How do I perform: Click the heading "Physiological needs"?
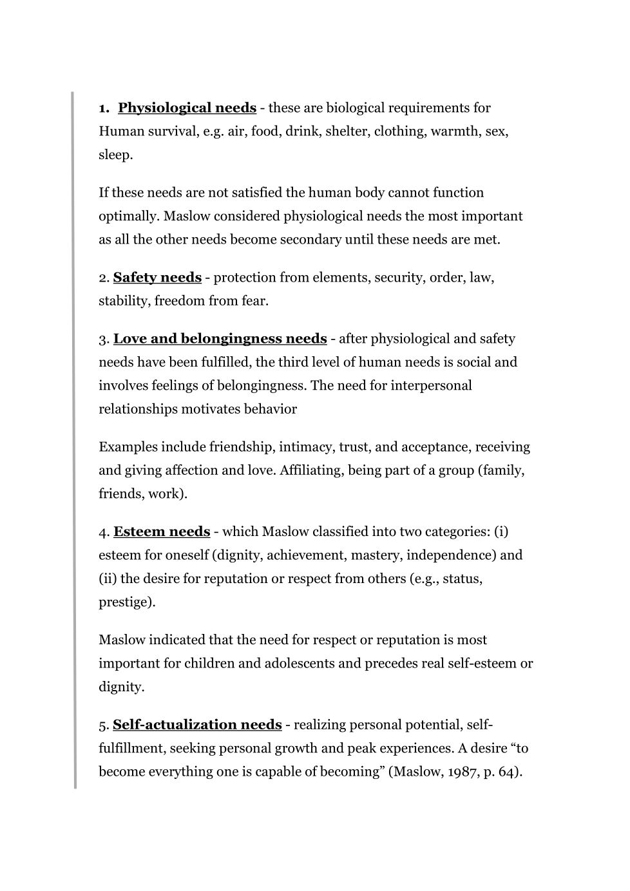click(187, 108)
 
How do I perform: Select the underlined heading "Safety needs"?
click(157, 277)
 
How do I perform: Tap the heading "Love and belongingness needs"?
click(220, 338)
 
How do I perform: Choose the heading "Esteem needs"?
click(162, 532)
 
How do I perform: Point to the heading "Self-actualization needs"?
click(197, 724)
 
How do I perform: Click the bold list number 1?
click(103, 108)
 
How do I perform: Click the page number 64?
click(506, 771)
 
